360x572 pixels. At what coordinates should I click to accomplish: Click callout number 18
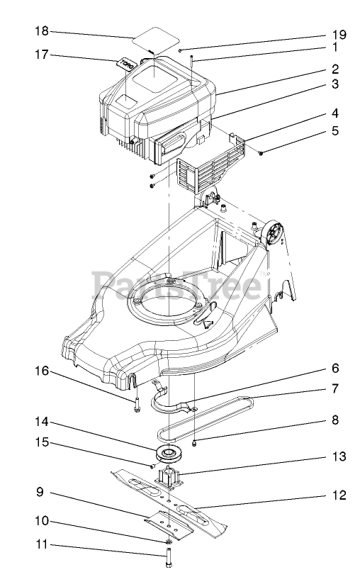42,31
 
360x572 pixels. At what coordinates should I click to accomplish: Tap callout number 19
339,35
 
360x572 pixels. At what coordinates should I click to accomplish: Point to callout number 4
334,113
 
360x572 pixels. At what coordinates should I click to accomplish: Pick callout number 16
42,371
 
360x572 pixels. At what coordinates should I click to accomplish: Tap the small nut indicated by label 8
194,443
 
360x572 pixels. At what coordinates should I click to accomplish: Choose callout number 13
339,456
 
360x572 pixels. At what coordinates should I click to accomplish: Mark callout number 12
339,495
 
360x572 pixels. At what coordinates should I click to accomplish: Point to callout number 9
40,492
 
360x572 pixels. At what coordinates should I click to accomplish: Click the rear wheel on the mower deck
272,235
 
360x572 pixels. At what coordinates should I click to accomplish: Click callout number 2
335,69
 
